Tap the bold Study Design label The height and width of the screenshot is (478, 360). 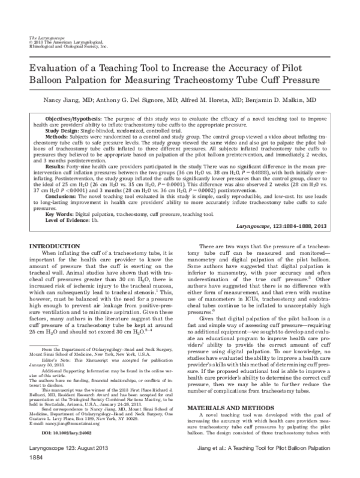(62, 130)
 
